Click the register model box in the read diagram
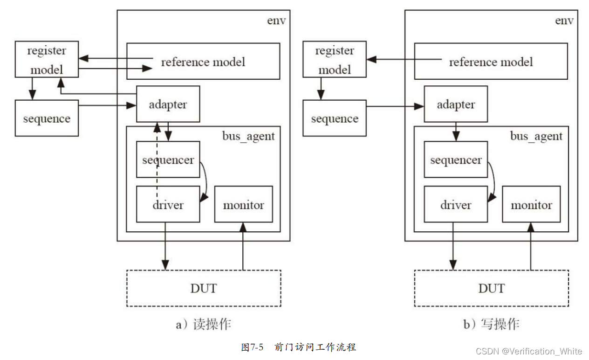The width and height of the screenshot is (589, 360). coord(47,60)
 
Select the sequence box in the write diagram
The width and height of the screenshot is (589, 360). coord(335,118)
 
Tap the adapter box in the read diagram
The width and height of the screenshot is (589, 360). coord(168,104)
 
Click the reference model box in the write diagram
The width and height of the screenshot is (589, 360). coord(491,62)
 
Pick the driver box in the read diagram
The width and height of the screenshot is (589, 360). coord(168,205)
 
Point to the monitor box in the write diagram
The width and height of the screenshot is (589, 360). coord(531,205)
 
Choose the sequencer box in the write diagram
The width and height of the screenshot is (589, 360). coord(456,160)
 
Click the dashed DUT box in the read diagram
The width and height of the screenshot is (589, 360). coord(204,288)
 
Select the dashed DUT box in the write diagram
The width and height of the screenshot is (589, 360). coord(491,288)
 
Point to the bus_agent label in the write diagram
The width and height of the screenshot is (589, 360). coord(536,136)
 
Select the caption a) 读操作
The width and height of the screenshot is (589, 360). coord(203,324)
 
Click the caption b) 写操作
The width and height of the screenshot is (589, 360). coord(491,324)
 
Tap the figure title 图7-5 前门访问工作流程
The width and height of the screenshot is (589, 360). coord(299,347)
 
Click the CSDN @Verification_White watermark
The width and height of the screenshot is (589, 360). coord(529,351)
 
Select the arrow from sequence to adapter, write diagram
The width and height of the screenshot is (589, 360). coord(395,106)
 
